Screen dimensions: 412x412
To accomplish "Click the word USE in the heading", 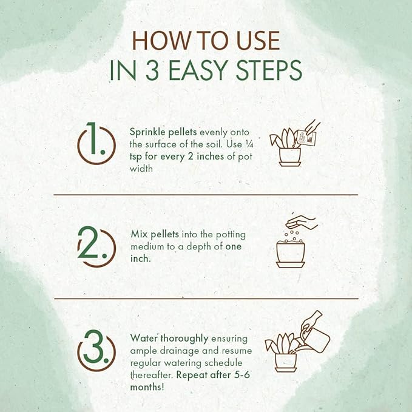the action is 258,40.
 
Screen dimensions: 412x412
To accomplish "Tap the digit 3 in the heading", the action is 153,70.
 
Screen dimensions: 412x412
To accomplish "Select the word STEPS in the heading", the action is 269,70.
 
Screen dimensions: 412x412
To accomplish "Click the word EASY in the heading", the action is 198,70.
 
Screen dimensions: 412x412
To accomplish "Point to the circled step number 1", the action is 96,143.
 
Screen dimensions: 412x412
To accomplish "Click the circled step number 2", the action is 96,246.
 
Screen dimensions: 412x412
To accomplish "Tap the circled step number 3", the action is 96,350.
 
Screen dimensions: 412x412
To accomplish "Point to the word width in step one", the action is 141,168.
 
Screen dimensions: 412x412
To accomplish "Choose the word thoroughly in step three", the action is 184,339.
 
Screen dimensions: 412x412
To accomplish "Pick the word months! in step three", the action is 147,387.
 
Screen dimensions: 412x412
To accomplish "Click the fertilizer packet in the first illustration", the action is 306,138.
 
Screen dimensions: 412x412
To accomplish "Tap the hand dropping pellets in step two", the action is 302,222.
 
